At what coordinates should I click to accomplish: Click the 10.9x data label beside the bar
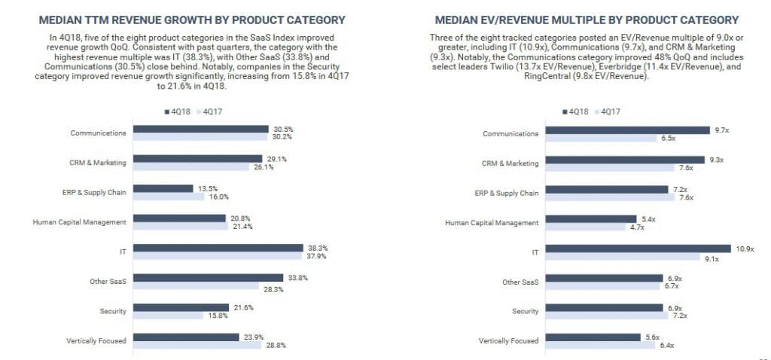point(743,248)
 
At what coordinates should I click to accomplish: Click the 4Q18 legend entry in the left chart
point(177,111)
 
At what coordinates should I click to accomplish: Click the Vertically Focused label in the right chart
point(508,340)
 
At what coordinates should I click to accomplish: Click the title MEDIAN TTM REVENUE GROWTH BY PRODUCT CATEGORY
point(192,20)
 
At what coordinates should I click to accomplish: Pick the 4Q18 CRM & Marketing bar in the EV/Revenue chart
point(624,159)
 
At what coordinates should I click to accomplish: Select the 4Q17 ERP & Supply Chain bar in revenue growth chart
point(169,197)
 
